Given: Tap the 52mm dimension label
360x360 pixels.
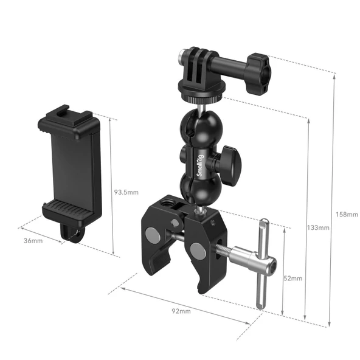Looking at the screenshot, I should (x=293, y=278).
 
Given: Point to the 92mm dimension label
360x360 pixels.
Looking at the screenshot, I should (x=181, y=311).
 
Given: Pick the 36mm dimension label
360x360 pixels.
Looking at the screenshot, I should (x=33, y=241).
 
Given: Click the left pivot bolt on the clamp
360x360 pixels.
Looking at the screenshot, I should (x=151, y=233).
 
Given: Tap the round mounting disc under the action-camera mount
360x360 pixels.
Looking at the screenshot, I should (x=198, y=92).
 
